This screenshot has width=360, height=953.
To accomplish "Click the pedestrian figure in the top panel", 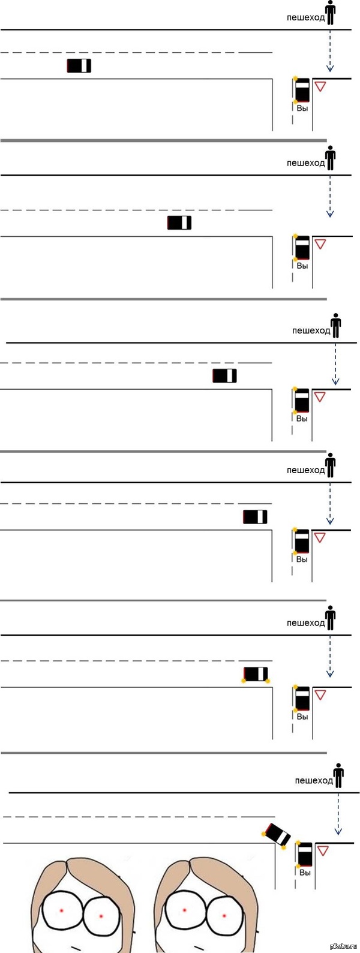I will click(x=330, y=13).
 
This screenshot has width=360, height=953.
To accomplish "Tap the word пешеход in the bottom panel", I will click(x=313, y=780).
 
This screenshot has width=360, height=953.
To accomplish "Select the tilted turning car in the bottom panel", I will click(x=277, y=835).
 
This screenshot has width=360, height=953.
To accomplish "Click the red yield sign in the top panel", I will click(x=320, y=86).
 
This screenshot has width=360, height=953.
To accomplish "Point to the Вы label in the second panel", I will click(x=302, y=266).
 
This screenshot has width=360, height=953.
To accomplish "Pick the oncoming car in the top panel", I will click(x=79, y=66).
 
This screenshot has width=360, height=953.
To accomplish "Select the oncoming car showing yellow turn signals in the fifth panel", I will click(x=256, y=674).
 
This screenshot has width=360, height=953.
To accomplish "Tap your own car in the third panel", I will click(x=302, y=400).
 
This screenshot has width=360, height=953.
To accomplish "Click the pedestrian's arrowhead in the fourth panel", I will click(x=330, y=521).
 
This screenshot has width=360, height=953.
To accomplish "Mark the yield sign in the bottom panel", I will click(x=323, y=850).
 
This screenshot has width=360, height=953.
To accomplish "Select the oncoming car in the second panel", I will click(x=179, y=223).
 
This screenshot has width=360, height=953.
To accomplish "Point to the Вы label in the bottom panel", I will click(x=305, y=872).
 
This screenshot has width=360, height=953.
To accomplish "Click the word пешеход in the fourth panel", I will click(x=305, y=470).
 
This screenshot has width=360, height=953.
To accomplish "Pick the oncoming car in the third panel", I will click(x=224, y=376).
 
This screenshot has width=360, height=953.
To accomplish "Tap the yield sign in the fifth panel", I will click(x=320, y=695).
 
